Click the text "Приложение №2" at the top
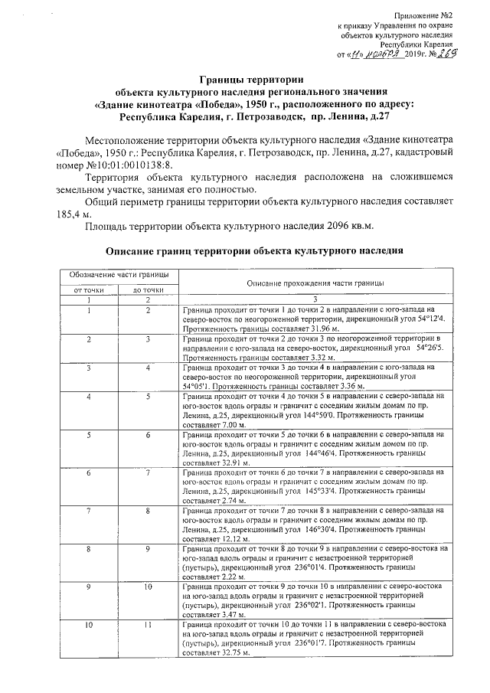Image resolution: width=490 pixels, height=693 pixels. coord(423,15)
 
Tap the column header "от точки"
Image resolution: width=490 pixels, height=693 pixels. coord(89,290)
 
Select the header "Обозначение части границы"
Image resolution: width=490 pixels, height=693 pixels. coord(119,274)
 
